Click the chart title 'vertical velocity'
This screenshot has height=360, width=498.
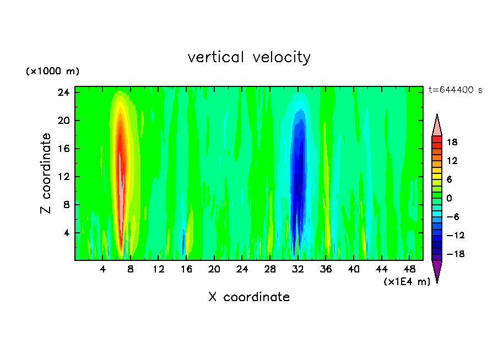pos(249,57)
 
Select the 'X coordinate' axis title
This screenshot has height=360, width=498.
pos(249,297)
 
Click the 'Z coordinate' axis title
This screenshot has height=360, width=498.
pos(46,173)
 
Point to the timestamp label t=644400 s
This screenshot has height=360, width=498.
pos(455,90)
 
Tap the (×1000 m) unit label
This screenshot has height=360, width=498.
pos(52,72)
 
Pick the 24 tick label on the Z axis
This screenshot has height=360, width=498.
pos(64,92)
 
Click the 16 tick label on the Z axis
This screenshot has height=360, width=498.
pos(64,149)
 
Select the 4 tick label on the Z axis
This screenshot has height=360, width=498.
pos(67,233)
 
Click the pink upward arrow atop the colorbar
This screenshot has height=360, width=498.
pos(437,126)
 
